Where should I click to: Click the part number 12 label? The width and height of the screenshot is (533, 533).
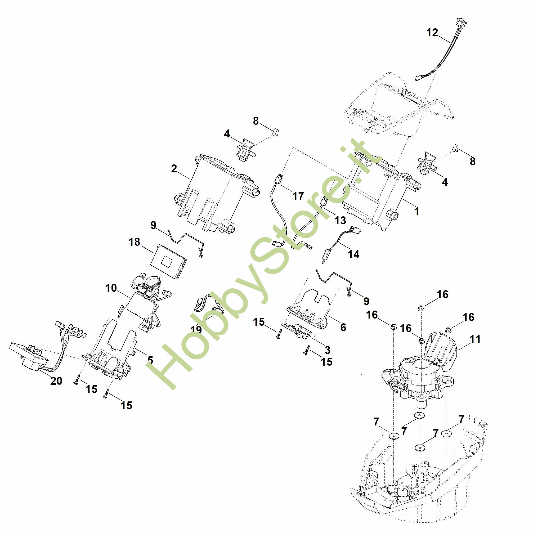tap(432, 33)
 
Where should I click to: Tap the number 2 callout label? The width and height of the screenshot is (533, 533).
tap(174, 169)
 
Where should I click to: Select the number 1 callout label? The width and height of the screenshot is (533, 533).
tap(416, 212)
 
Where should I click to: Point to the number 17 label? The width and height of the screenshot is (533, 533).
tap(298, 196)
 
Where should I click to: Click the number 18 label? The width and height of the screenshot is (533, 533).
tap(134, 242)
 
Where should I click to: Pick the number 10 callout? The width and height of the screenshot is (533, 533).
tap(111, 288)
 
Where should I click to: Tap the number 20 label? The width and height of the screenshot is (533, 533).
tap(56, 381)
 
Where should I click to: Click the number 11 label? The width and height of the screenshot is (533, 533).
tap(475, 339)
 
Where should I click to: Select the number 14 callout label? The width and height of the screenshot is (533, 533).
tap(354, 254)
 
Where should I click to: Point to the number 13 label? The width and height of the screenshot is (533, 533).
tap(340, 220)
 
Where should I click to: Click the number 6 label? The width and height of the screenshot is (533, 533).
tap(343, 327)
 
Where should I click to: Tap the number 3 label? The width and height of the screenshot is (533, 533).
tap(328, 350)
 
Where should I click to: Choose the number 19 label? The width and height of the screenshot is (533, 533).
tap(196, 330)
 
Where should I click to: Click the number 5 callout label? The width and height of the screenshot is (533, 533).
tap(150, 360)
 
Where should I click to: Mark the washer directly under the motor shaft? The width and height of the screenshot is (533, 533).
tap(419, 423)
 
